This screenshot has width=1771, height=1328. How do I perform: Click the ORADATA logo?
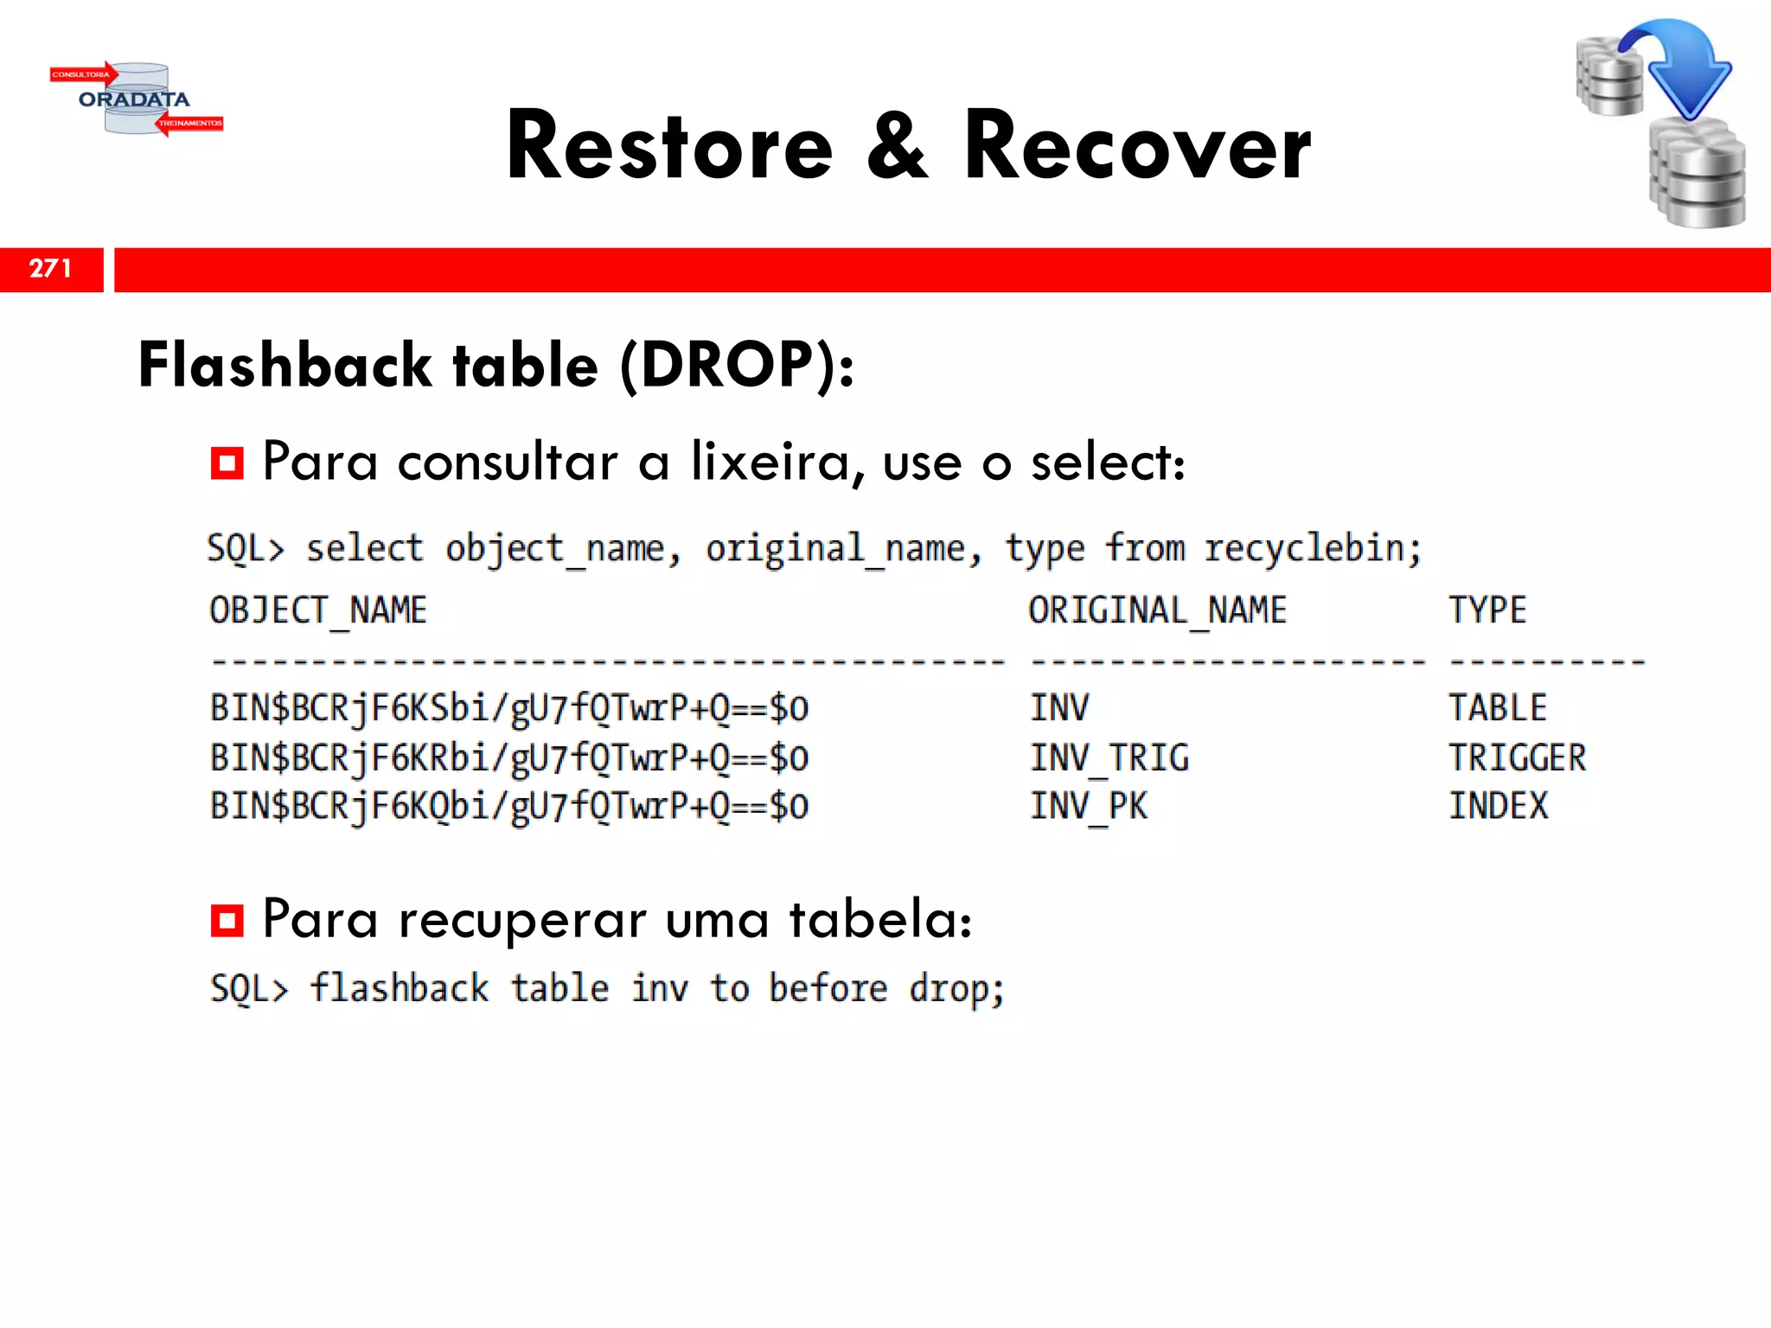tap(136, 99)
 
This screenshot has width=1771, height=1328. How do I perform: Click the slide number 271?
tap(50, 269)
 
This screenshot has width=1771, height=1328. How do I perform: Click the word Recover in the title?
tap(1137, 147)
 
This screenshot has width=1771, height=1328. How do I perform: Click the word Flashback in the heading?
tap(285, 365)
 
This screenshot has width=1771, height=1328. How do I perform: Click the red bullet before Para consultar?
tap(227, 463)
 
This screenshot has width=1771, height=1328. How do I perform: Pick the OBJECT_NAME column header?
tap(318, 610)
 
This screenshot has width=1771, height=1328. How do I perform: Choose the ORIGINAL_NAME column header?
tap(1157, 610)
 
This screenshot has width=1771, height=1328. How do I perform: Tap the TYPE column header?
tap(1487, 610)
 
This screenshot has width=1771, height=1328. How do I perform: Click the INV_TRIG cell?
tap(1109, 758)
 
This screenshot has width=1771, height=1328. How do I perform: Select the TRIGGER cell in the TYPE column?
tap(1518, 758)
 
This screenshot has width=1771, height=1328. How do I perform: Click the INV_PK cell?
tap(1089, 807)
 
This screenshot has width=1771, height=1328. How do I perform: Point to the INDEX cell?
tap(1499, 807)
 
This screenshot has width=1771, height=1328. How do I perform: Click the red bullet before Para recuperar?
tap(227, 920)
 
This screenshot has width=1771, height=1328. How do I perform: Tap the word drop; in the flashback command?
tap(956, 989)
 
